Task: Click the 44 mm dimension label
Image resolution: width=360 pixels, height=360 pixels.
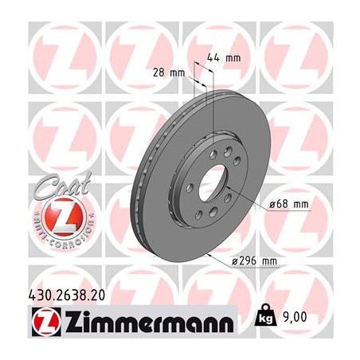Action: click(x=224, y=57)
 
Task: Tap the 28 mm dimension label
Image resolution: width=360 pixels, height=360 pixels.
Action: click(x=169, y=72)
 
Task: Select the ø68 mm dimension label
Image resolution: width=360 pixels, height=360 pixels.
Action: click(x=289, y=205)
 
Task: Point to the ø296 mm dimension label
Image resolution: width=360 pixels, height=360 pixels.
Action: click(x=254, y=261)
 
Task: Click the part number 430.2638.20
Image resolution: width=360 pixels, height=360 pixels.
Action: click(x=66, y=295)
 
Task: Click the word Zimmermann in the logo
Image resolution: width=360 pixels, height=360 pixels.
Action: click(x=150, y=322)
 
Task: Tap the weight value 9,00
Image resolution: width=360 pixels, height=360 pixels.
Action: click(x=295, y=317)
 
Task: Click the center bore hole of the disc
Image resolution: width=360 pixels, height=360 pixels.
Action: click(x=213, y=182)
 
